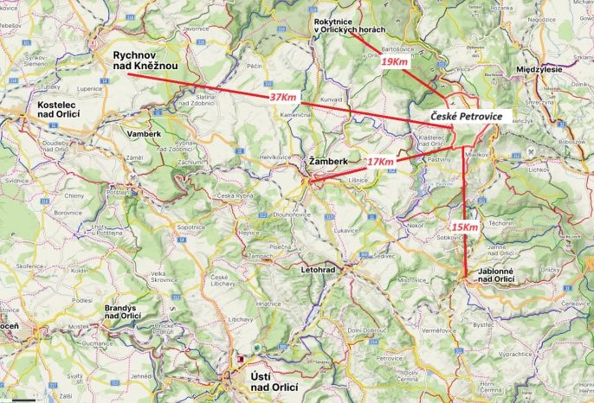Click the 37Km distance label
point(283,97)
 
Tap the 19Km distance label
point(395,62)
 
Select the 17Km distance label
point(380,162)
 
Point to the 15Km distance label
point(465,227)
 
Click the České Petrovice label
point(466,116)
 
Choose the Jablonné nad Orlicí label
point(497,274)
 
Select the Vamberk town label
point(144,135)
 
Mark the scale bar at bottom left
point(24,400)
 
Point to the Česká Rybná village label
point(234,195)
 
